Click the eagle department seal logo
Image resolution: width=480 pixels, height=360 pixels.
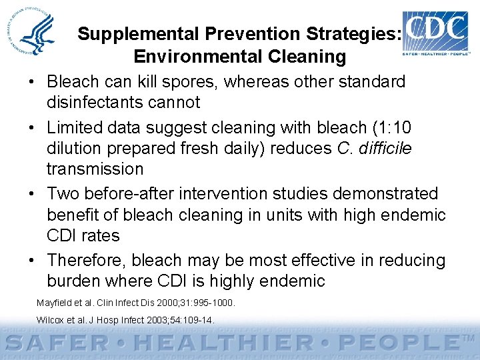[x=37, y=33]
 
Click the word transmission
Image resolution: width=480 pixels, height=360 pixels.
[x=95, y=169]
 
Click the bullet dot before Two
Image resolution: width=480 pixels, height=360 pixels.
[x=33, y=194]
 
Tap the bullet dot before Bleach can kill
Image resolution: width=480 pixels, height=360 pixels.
[x=33, y=82]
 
